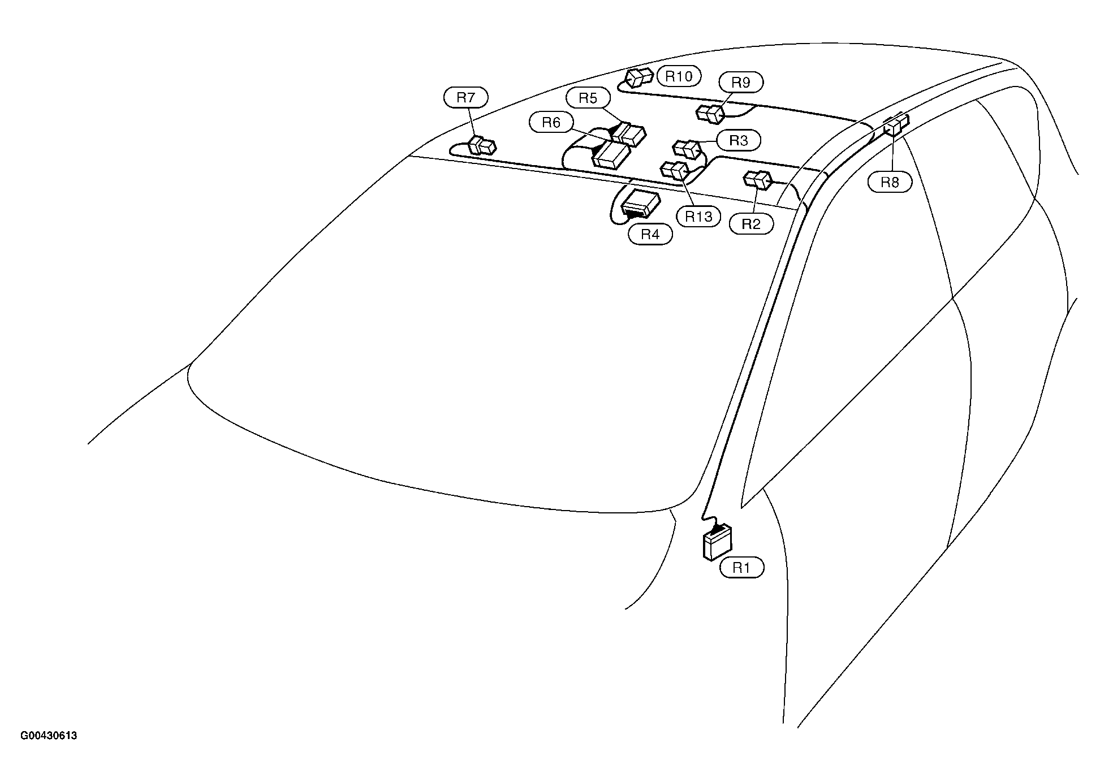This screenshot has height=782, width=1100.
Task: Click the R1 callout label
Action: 741,568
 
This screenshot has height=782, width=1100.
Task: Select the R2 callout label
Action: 751,224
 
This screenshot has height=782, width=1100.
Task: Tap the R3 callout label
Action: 739,140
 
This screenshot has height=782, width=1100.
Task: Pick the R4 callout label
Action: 650,234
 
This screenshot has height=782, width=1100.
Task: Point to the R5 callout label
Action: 588,98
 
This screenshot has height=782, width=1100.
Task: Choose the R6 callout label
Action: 551,122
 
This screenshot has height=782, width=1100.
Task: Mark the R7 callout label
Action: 466,98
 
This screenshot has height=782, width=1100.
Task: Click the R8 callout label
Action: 890,183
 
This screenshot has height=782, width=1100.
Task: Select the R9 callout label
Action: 741,83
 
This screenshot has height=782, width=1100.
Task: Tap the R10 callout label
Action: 679,76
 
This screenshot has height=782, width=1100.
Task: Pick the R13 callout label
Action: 698,217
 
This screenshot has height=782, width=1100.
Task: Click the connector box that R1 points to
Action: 717,543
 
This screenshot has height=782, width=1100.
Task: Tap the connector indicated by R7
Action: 482,146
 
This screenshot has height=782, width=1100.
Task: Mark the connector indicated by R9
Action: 710,114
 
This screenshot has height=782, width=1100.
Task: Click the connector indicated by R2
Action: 758,180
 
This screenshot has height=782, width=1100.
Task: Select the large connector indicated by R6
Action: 611,154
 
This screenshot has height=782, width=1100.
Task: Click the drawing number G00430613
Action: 49,736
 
